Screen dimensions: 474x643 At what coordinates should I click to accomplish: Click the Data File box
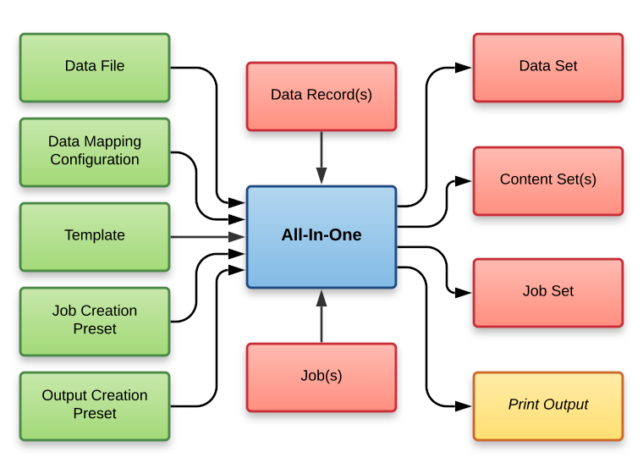[95, 66]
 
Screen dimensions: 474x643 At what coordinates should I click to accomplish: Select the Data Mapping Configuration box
[95, 151]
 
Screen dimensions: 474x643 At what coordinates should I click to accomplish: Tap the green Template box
[95, 235]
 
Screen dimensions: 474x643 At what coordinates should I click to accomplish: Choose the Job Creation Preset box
[95, 320]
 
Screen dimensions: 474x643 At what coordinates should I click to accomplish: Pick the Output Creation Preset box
[95, 405]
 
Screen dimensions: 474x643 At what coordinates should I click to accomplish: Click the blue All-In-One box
[321, 235]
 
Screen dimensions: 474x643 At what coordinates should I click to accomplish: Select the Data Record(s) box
[321, 95]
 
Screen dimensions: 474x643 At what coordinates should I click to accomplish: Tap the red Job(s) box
[321, 376]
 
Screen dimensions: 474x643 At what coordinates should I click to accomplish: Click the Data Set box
[547, 66]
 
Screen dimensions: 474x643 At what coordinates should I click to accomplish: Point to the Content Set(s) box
[547, 179]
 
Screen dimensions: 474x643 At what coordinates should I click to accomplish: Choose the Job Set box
[547, 291]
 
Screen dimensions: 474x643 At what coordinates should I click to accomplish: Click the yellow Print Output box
[547, 405]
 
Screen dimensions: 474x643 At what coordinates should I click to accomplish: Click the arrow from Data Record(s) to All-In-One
[321, 157]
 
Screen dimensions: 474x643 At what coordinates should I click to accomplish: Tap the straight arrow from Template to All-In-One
[207, 236]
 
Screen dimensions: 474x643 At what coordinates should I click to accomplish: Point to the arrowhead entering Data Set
[464, 67]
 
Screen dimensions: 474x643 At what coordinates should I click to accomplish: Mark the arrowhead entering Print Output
[464, 405]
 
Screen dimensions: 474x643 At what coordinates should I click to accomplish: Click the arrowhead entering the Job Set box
[464, 292]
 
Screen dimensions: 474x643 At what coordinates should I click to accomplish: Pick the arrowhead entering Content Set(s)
[464, 180]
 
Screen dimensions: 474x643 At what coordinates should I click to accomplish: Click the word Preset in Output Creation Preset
[95, 414]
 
